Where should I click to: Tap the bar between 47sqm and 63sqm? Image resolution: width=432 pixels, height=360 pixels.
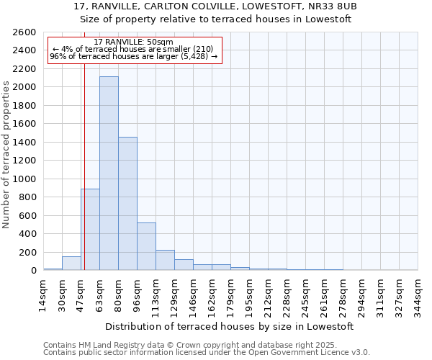[90, 229]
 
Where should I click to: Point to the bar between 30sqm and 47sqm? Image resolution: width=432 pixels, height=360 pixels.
[71, 264]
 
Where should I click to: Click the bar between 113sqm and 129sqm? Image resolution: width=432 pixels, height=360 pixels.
[165, 260]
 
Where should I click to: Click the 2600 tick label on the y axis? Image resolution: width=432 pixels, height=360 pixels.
[24, 32]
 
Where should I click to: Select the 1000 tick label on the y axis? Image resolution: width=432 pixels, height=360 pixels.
[24, 179]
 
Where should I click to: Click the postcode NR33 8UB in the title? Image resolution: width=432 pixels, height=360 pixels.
[336, 6]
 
